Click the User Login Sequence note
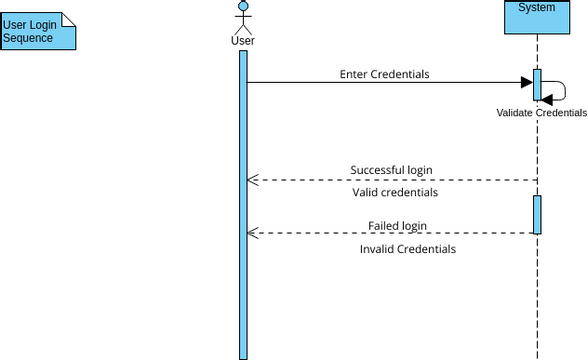point(38,30)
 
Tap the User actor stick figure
point(242,20)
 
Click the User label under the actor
point(242,41)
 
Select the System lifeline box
point(537,17)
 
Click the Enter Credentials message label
point(385,74)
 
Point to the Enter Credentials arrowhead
point(525,83)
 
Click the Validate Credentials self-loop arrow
point(558,91)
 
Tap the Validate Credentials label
point(541,113)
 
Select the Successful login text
point(391,169)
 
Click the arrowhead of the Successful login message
point(253,180)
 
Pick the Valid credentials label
point(395,192)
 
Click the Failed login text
point(397,225)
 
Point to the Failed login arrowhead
point(253,233)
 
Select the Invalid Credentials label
point(407,248)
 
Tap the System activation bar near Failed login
point(537,214)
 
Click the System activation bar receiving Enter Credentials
point(537,85)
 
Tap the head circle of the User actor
point(242,9)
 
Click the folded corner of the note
point(69,18)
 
